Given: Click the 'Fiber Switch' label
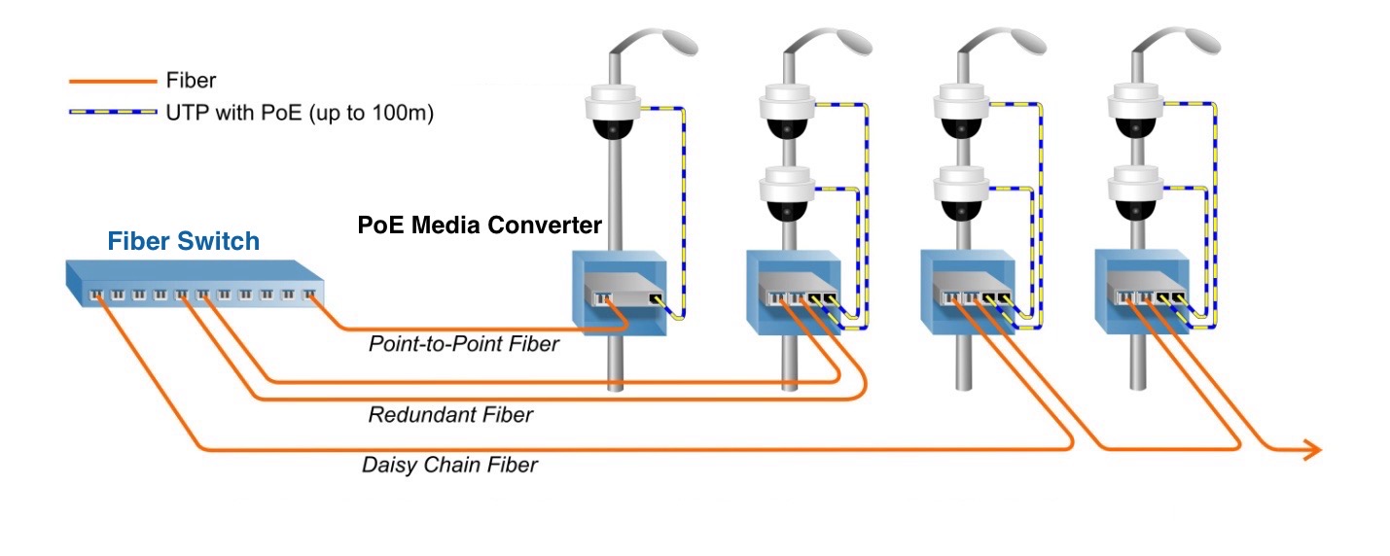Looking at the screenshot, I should [x=183, y=241].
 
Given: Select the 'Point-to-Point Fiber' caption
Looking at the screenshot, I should [x=464, y=344].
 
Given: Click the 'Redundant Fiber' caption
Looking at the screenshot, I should [x=450, y=415].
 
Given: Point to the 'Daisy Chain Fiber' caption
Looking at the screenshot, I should [x=449, y=465].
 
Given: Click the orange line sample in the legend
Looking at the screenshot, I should [x=112, y=82].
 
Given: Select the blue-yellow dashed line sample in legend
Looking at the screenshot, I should [x=112, y=113].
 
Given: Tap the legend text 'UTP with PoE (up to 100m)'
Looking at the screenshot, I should [x=300, y=113].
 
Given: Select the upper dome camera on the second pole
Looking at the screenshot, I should [x=788, y=111].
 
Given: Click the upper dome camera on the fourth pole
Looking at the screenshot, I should [x=1136, y=111].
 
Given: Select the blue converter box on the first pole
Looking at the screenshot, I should [x=620, y=292].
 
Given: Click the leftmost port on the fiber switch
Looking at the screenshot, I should [x=95, y=294].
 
